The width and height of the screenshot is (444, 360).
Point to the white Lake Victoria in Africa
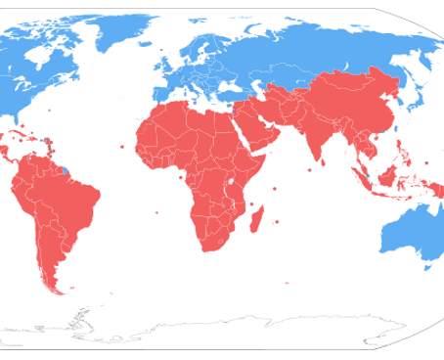coord(231,182)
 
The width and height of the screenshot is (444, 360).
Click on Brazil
coord(73,201)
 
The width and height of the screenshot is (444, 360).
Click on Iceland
coord(136,49)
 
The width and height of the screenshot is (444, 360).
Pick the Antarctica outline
coord(244,328)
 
